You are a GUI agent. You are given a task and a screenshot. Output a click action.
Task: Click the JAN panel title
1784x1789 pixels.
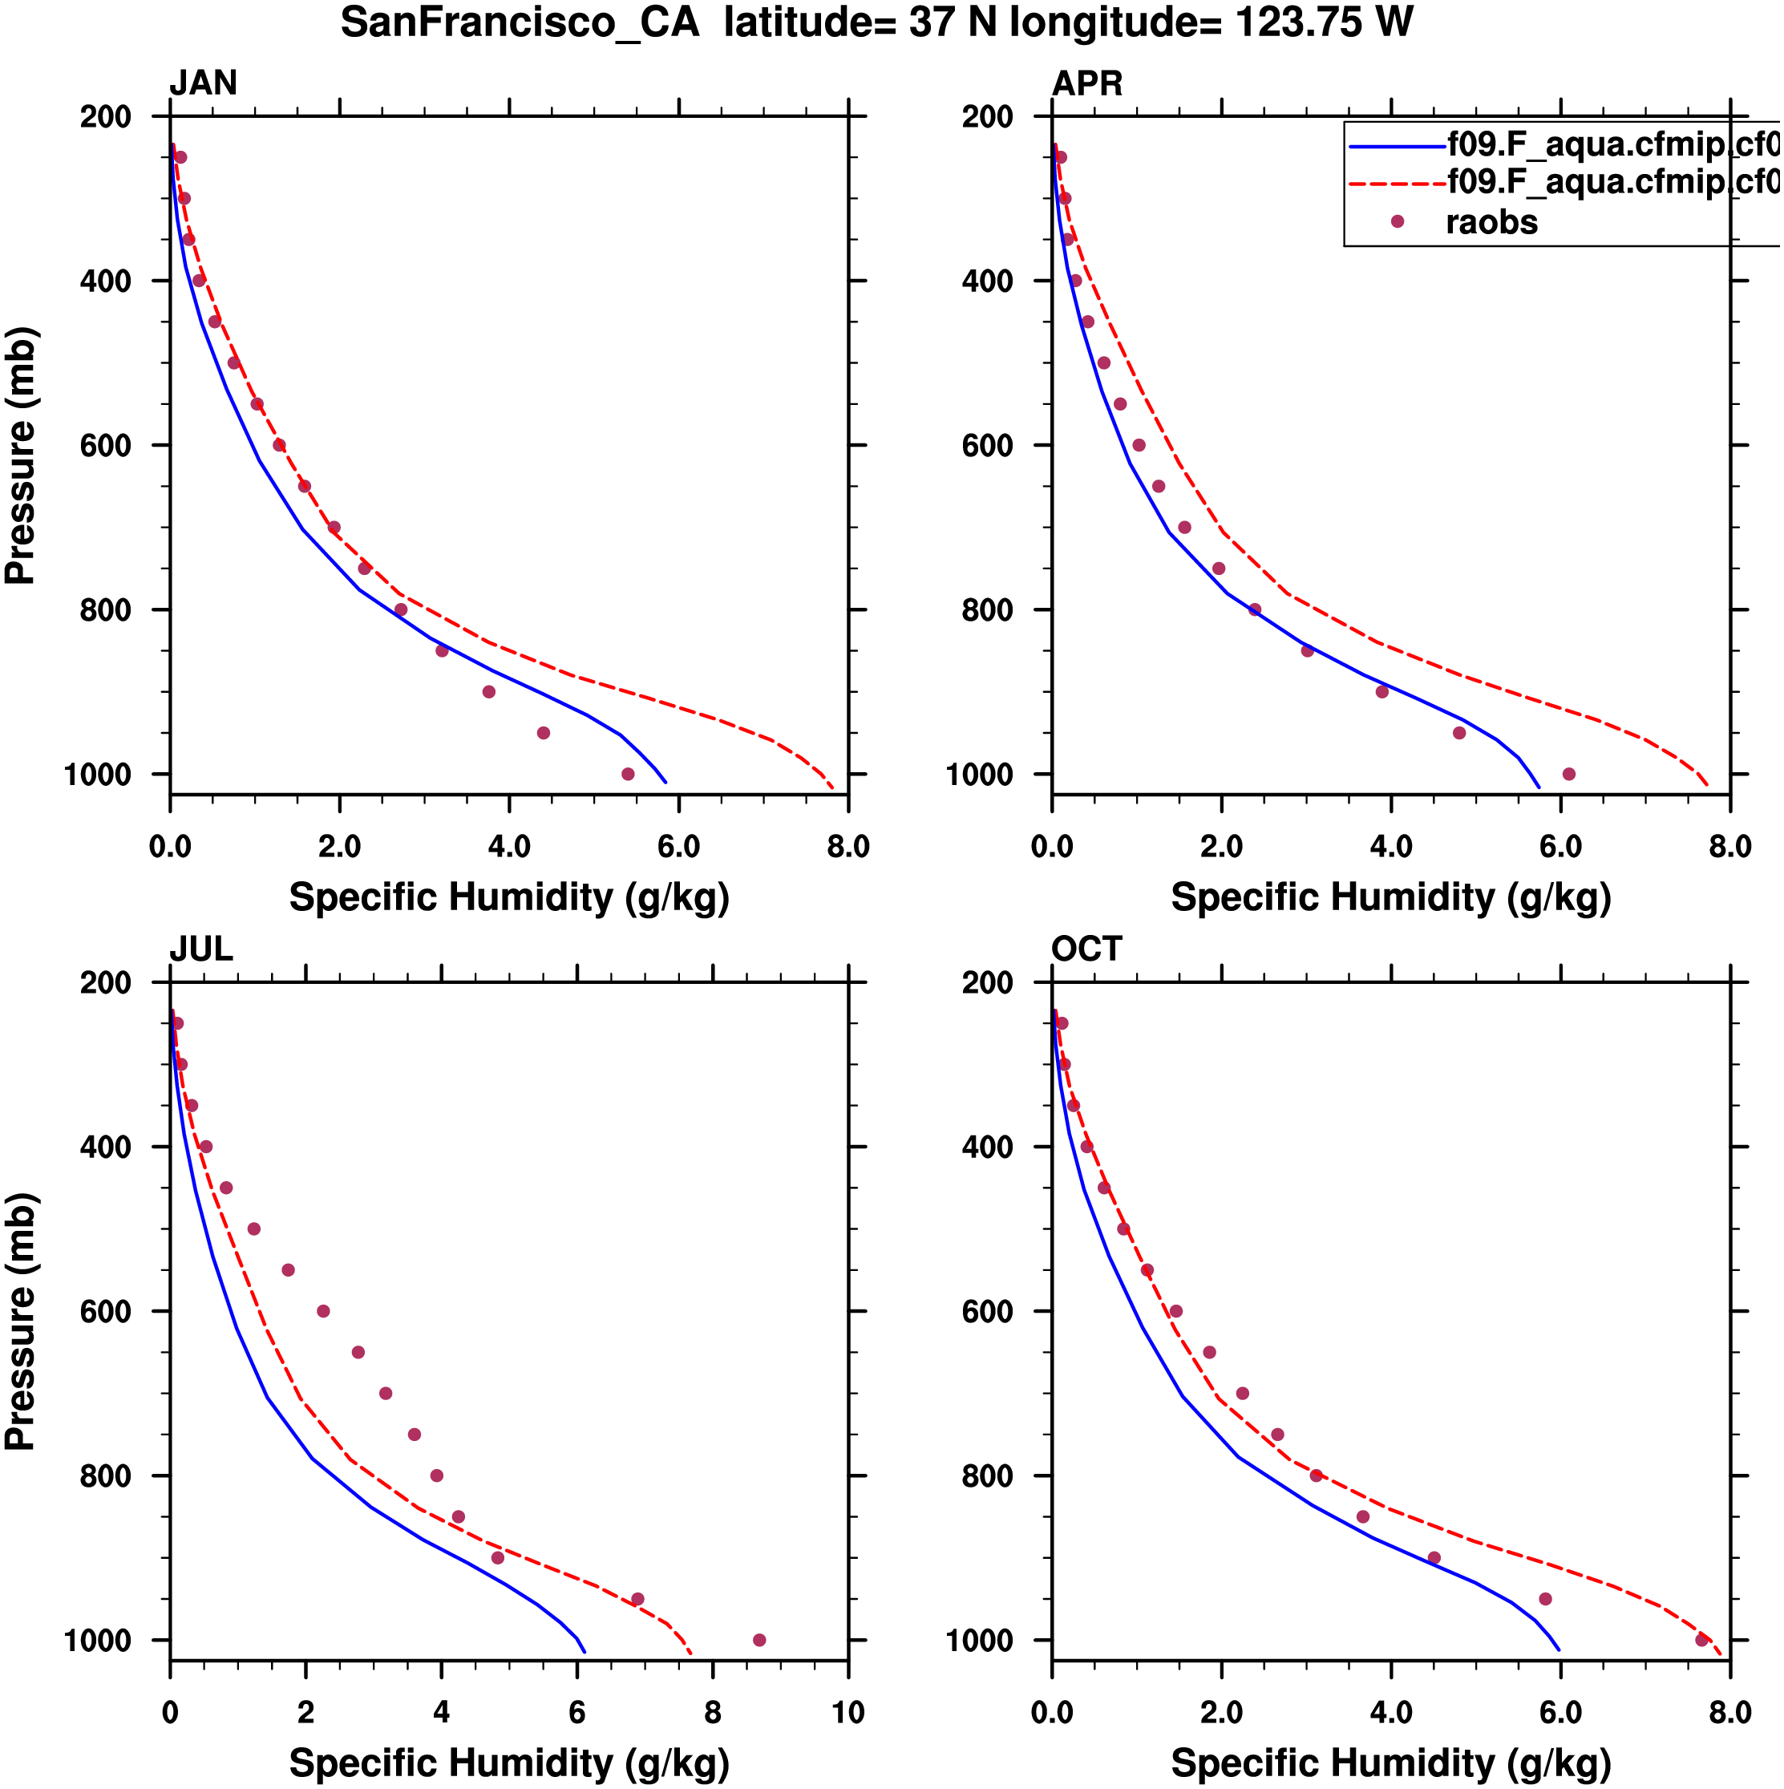click(x=203, y=83)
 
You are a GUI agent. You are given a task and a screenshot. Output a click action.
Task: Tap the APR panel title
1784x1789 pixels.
click(x=1087, y=83)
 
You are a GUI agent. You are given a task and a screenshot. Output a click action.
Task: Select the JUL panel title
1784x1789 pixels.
click(x=201, y=949)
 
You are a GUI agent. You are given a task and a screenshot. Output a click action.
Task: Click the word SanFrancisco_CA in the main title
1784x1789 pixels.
click(x=520, y=22)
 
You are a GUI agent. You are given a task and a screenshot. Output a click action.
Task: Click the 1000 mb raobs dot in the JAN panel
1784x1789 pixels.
click(x=628, y=774)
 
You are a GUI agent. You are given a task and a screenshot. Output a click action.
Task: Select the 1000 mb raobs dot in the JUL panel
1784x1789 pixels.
click(x=759, y=1640)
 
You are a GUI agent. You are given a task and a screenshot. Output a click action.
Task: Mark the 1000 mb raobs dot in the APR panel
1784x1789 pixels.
click(x=1568, y=774)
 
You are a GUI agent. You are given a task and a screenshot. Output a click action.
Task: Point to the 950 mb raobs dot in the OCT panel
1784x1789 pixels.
click(x=1545, y=1599)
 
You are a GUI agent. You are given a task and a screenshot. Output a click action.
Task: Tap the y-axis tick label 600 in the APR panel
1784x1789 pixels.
click(x=988, y=445)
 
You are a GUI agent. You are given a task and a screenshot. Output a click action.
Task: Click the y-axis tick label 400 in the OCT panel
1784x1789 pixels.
click(x=988, y=1147)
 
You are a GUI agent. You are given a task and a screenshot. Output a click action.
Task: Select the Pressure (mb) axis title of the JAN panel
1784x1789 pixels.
click(x=20, y=455)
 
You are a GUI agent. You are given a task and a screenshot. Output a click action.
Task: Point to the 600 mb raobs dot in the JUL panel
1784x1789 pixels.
click(x=323, y=1311)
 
